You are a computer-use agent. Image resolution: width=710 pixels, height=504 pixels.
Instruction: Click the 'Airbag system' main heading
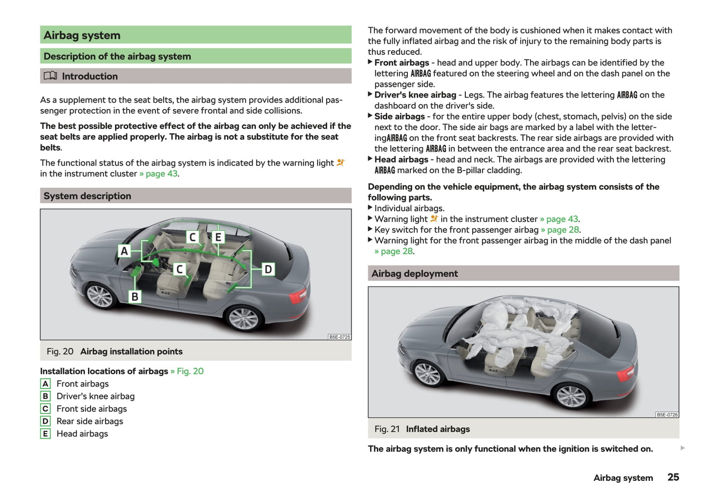pos(82,35)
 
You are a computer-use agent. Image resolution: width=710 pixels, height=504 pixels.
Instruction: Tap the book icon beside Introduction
pos(50,76)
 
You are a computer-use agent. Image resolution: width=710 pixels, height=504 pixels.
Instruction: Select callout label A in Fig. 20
pos(124,251)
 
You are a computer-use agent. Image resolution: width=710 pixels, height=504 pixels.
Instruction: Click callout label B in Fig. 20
pos(135,297)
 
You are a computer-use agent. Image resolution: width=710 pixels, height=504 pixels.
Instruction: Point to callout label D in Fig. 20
pos(268,269)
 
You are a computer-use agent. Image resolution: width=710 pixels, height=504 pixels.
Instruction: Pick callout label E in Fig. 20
pos(218,237)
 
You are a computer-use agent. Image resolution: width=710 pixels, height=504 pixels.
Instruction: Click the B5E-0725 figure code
pos(340,337)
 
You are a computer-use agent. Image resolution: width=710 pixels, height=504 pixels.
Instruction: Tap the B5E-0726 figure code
pos(667,415)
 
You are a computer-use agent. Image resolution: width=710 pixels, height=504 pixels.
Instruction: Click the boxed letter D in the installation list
pos(45,421)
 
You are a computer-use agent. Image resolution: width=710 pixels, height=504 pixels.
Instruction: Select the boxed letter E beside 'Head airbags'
pos(45,434)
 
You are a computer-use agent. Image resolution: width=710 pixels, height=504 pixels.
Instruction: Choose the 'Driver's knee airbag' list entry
pos(95,396)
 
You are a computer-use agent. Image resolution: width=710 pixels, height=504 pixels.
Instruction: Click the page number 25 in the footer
pos(673,477)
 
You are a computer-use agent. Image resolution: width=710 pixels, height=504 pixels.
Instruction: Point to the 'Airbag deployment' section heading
pos(415,274)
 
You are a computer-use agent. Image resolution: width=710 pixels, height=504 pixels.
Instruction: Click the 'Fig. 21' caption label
pos(387,429)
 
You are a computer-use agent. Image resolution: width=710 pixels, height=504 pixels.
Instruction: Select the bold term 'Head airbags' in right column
pos(401,160)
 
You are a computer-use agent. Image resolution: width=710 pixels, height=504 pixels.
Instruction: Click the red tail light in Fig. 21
pos(625,374)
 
